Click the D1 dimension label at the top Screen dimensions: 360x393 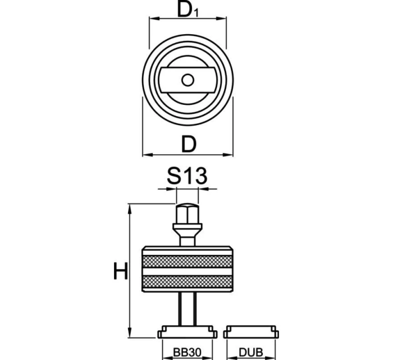pyautogui.click(x=188, y=10)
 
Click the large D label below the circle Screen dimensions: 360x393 pyautogui.click(x=189, y=144)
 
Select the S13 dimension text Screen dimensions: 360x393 pyautogui.click(x=187, y=177)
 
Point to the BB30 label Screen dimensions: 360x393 pyautogui.click(x=187, y=352)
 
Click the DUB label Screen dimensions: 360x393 pyautogui.click(x=250, y=352)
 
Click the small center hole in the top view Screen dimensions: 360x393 pyautogui.click(x=188, y=80)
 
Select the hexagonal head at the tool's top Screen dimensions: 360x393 pyautogui.click(x=187, y=214)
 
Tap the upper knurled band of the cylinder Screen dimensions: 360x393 pyautogui.click(x=187, y=262)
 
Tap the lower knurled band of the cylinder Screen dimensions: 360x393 pyautogui.click(x=187, y=281)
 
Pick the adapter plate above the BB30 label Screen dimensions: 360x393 pyautogui.click(x=187, y=332)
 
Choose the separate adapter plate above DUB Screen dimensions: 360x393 pyautogui.click(x=250, y=332)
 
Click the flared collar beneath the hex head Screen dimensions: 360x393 pyautogui.click(x=187, y=230)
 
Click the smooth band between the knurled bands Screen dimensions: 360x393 pyautogui.click(x=187, y=272)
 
